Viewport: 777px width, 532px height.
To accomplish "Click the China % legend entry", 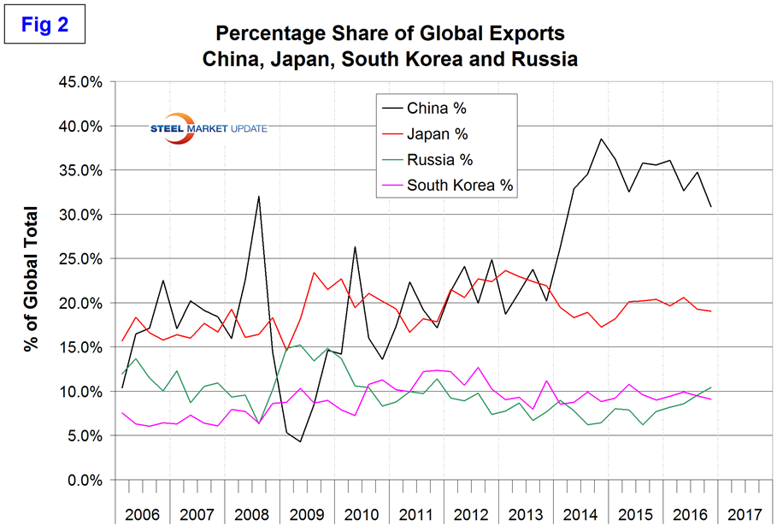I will point(435,108).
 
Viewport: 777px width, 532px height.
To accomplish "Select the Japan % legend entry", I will point(437,133).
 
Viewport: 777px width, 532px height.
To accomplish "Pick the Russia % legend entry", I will point(439,159).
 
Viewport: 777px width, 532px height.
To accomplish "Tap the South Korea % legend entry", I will point(461,185).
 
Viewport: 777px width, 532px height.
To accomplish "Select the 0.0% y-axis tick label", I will point(85,480).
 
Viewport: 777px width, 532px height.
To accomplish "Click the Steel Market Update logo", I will point(205,128).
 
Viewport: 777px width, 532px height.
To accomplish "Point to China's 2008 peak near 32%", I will point(258,197).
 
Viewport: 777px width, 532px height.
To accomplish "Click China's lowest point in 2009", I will point(300,441).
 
